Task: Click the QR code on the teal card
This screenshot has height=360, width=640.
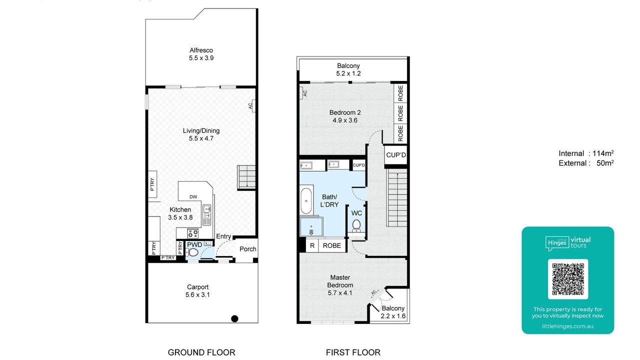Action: click(x=567, y=279)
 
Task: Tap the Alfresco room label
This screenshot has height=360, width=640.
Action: click(x=201, y=50)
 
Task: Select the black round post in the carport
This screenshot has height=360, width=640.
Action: click(x=234, y=318)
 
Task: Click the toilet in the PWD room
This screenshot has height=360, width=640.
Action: click(x=192, y=252)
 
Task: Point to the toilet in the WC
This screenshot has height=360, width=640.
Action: click(x=356, y=225)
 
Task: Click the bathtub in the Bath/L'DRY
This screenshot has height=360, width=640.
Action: click(x=306, y=201)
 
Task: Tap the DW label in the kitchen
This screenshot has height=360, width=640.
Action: click(x=193, y=197)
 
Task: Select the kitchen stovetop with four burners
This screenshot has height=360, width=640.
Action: click(x=193, y=233)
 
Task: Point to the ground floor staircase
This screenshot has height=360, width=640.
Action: click(x=246, y=177)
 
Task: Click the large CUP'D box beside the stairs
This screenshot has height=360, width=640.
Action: click(x=395, y=155)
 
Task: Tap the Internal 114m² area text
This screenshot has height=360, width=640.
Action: click(x=586, y=153)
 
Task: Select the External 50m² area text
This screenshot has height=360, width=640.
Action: click(x=586, y=163)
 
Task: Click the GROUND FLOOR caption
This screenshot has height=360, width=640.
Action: click(x=201, y=352)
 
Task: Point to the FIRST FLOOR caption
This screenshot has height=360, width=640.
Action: click(x=353, y=352)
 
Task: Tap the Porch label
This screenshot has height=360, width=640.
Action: click(x=247, y=249)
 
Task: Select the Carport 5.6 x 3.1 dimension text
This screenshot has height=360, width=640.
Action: click(x=197, y=294)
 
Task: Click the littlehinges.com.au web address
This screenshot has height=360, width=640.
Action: click(x=567, y=326)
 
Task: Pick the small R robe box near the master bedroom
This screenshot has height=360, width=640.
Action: click(x=312, y=245)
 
